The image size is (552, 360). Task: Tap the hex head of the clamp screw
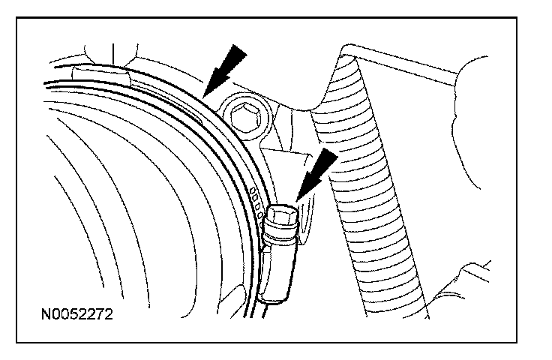pos(284,216)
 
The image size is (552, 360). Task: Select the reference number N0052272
pos(76,314)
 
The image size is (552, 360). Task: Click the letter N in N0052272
pos(46,314)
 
